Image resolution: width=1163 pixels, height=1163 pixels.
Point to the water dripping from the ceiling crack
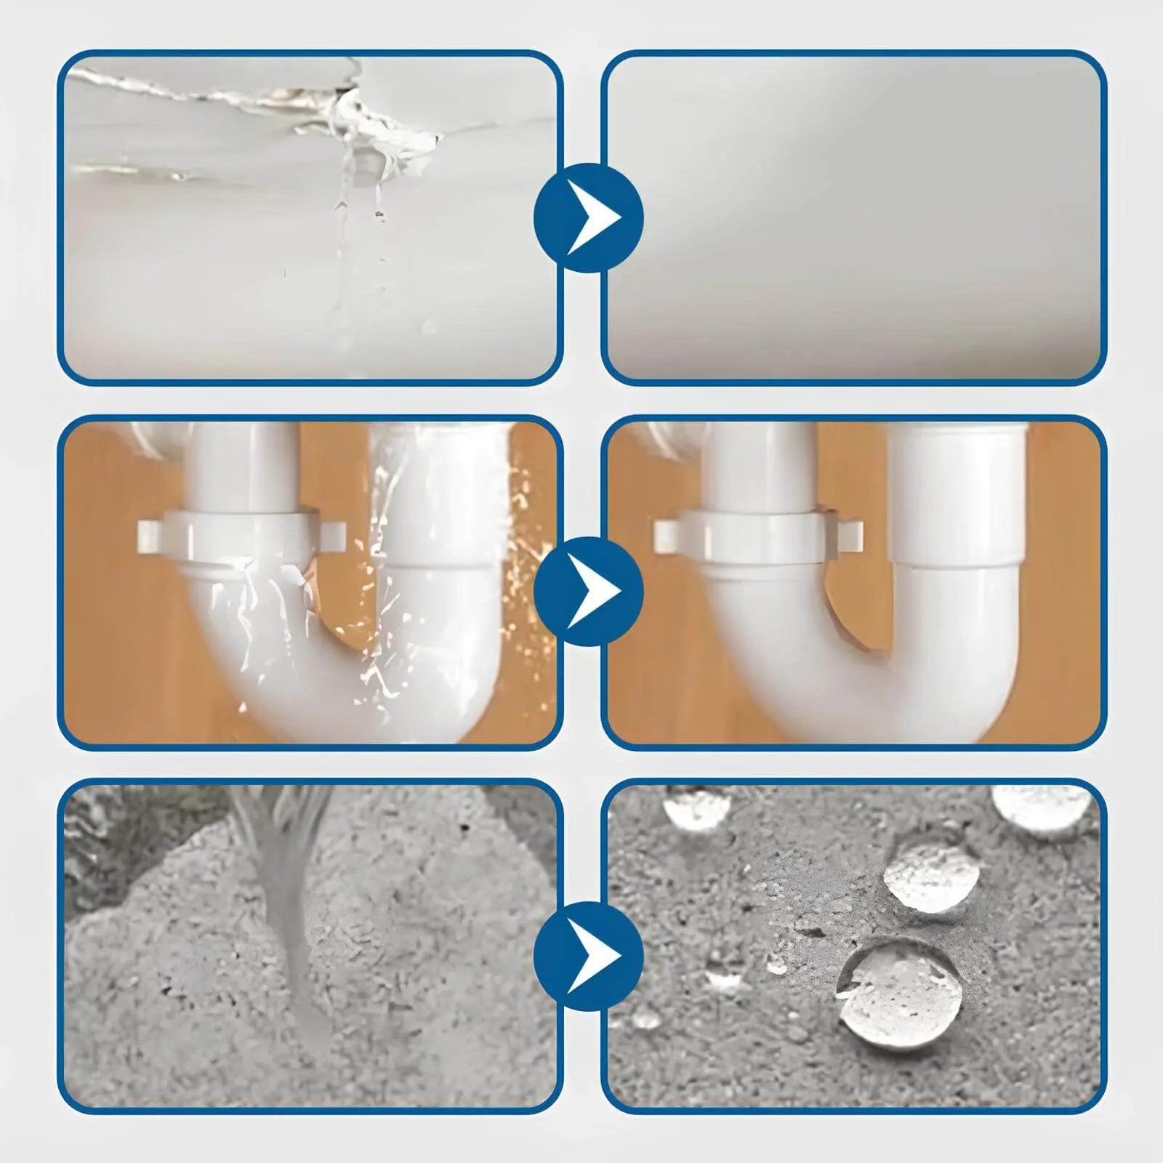(356, 218)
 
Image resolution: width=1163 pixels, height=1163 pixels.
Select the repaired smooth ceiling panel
(853, 218)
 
